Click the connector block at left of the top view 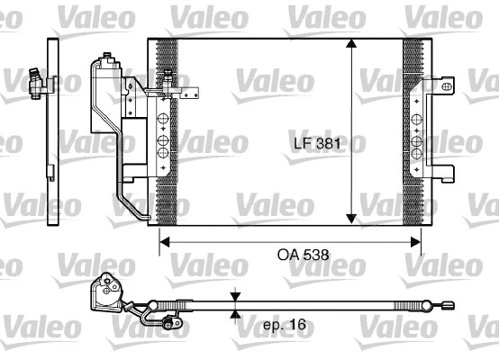click(x=111, y=291)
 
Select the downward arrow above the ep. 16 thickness click(x=235, y=298)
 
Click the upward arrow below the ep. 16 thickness click(x=235, y=315)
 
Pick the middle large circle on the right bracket click(x=418, y=140)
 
